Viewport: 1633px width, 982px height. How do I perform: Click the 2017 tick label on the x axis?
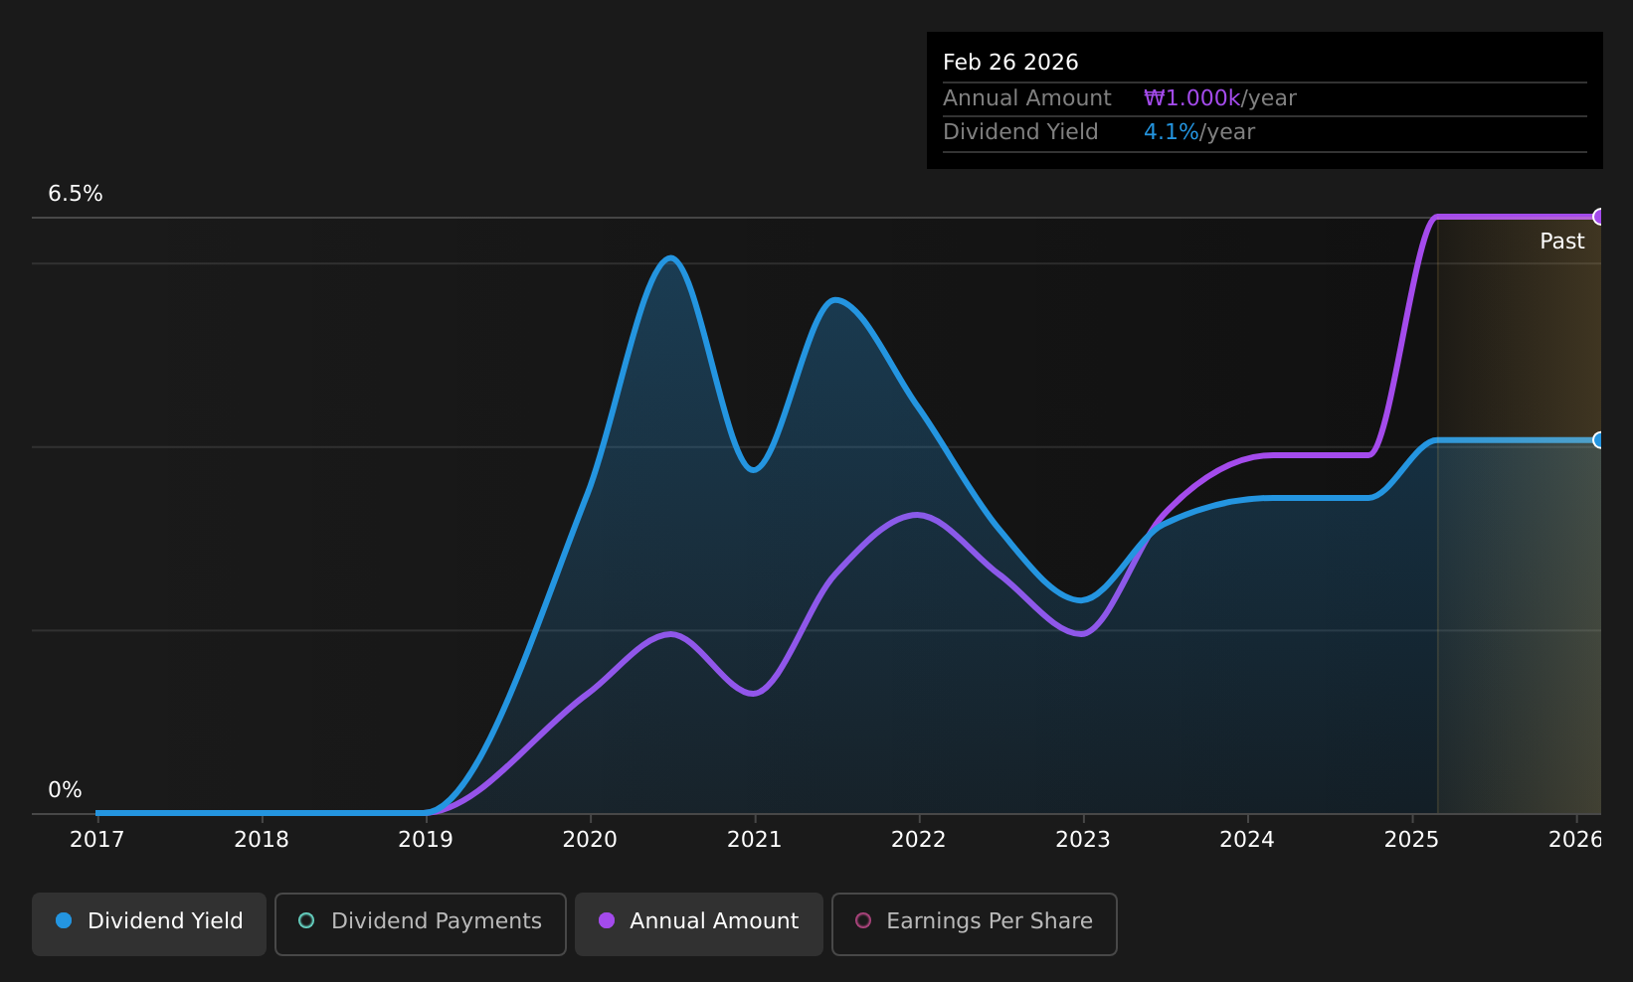tap(96, 840)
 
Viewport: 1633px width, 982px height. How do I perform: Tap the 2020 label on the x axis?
tap(590, 840)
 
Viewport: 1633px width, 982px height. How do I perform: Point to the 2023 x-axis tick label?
tap(1083, 840)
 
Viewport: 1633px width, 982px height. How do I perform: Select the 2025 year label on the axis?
tap(1411, 840)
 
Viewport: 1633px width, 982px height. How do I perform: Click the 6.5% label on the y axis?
tap(76, 194)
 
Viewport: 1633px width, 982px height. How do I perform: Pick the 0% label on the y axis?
tap(65, 790)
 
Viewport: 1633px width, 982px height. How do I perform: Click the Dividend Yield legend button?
tap(149, 923)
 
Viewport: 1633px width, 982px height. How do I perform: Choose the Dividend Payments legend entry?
tap(420, 923)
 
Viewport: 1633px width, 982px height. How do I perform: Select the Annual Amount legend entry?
tap(698, 923)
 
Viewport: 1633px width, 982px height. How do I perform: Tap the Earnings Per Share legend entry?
tap(974, 923)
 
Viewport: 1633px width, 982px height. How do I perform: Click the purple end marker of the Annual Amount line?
tap(1598, 217)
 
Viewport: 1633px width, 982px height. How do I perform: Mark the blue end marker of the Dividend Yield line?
tap(1598, 440)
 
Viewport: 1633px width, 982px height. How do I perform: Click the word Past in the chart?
tap(1561, 242)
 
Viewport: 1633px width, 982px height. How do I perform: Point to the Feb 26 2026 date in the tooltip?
tap(1010, 63)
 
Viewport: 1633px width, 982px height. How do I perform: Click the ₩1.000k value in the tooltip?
tap(1192, 98)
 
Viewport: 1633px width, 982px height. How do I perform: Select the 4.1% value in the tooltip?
tap(1171, 132)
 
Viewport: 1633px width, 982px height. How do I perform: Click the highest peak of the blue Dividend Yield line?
tap(670, 257)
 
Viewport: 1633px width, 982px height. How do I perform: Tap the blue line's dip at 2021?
tap(754, 470)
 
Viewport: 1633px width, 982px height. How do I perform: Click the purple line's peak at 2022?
tap(917, 516)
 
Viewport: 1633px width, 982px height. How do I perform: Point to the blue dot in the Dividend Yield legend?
tap(65, 920)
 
